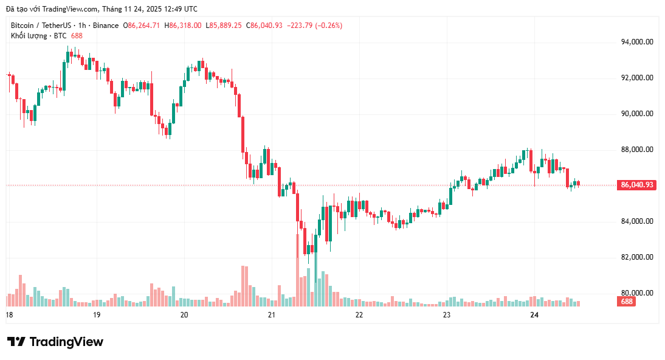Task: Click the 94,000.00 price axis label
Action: click(637, 42)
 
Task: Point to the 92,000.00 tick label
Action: click(637, 78)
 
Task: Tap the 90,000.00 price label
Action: click(637, 114)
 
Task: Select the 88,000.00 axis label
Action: click(637, 150)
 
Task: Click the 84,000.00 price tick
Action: click(637, 221)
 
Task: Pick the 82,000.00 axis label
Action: click(637, 257)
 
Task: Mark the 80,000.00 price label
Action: click(637, 293)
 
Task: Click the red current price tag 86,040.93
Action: click(637, 185)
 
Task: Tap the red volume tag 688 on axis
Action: click(627, 302)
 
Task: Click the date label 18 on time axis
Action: click(9, 315)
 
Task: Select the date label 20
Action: click(184, 315)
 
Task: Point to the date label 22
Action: click(359, 315)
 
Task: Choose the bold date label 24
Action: click(534, 315)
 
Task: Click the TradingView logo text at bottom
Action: click(55, 342)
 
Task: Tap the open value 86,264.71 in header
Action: click(144, 26)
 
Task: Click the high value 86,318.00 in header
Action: click(185, 26)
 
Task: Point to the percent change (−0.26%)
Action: click(326, 26)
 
